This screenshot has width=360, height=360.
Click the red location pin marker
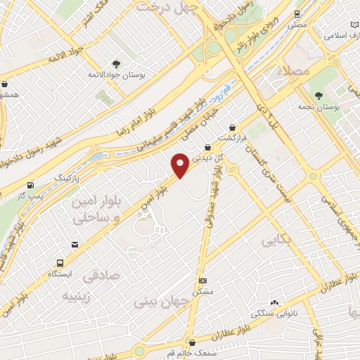[x=180, y=166]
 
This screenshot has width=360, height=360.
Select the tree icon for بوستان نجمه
[x=319, y=95]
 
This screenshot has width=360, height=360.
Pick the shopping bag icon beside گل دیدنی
[x=207, y=147]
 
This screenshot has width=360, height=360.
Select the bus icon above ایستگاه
[x=58, y=261]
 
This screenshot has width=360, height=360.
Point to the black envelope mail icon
[x=74, y=245]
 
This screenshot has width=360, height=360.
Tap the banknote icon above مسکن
[x=202, y=280]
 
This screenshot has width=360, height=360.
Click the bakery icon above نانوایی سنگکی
[x=275, y=300]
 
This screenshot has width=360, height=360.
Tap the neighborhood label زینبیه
[x=77, y=296]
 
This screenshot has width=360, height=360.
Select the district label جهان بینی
[x=163, y=304]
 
